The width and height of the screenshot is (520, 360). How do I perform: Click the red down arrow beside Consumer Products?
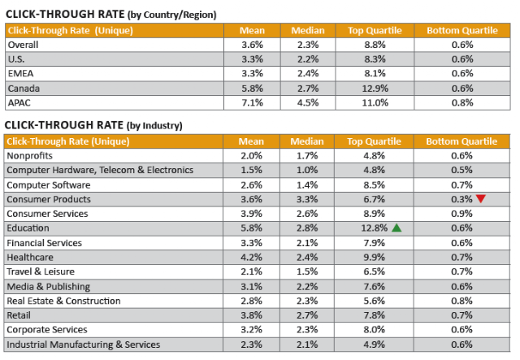tap(480, 199)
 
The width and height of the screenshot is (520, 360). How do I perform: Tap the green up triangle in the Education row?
tap(396, 228)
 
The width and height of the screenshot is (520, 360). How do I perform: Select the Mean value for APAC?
tap(252, 103)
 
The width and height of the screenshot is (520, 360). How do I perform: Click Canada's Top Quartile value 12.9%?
tap(375, 89)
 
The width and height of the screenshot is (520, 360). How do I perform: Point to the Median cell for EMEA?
tap(308, 73)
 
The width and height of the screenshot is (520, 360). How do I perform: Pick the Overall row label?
tap(23, 45)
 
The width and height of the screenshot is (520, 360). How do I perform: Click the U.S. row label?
tap(16, 59)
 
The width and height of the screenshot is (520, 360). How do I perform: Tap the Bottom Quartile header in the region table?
tap(462, 31)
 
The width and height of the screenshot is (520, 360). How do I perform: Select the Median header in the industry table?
tap(307, 141)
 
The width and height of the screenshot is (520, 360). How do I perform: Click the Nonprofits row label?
tap(29, 155)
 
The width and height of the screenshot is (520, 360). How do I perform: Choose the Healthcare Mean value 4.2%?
tap(251, 257)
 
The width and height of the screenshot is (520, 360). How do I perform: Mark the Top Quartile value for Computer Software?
tap(374, 184)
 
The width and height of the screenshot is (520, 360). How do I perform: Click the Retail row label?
tap(19, 315)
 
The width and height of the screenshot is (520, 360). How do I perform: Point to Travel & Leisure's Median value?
tap(307, 271)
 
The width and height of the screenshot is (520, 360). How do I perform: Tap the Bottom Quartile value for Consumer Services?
tap(461, 214)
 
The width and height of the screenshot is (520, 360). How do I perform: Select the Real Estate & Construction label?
tap(63, 301)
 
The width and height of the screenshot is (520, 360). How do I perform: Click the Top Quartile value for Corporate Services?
tap(374, 329)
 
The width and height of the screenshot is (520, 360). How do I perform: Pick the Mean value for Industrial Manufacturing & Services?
tap(251, 345)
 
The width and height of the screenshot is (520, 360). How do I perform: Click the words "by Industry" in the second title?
tap(154, 126)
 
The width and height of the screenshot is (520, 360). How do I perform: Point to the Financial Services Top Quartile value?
tap(374, 243)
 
